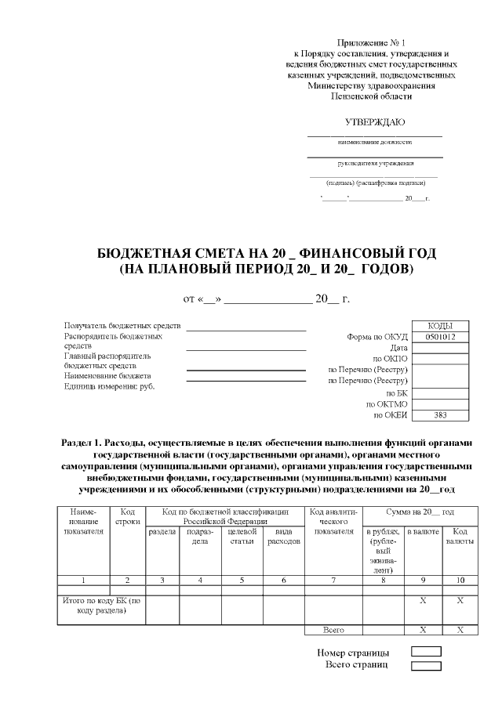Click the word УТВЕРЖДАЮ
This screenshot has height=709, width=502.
tap(375, 122)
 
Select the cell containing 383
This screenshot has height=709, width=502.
tap(440, 415)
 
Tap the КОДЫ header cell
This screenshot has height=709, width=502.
tap(440, 326)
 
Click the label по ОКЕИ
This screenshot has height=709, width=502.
tap(390, 415)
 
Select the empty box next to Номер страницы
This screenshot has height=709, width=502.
tap(427, 652)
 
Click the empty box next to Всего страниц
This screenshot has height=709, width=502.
tap(427, 665)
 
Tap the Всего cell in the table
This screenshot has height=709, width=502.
tap(333, 630)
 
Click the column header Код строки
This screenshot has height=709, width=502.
tap(127, 517)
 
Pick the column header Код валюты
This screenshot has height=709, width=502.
tap(460, 537)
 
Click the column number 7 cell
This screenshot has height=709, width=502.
tap(333, 580)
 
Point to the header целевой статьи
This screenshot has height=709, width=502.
tap(242, 537)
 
